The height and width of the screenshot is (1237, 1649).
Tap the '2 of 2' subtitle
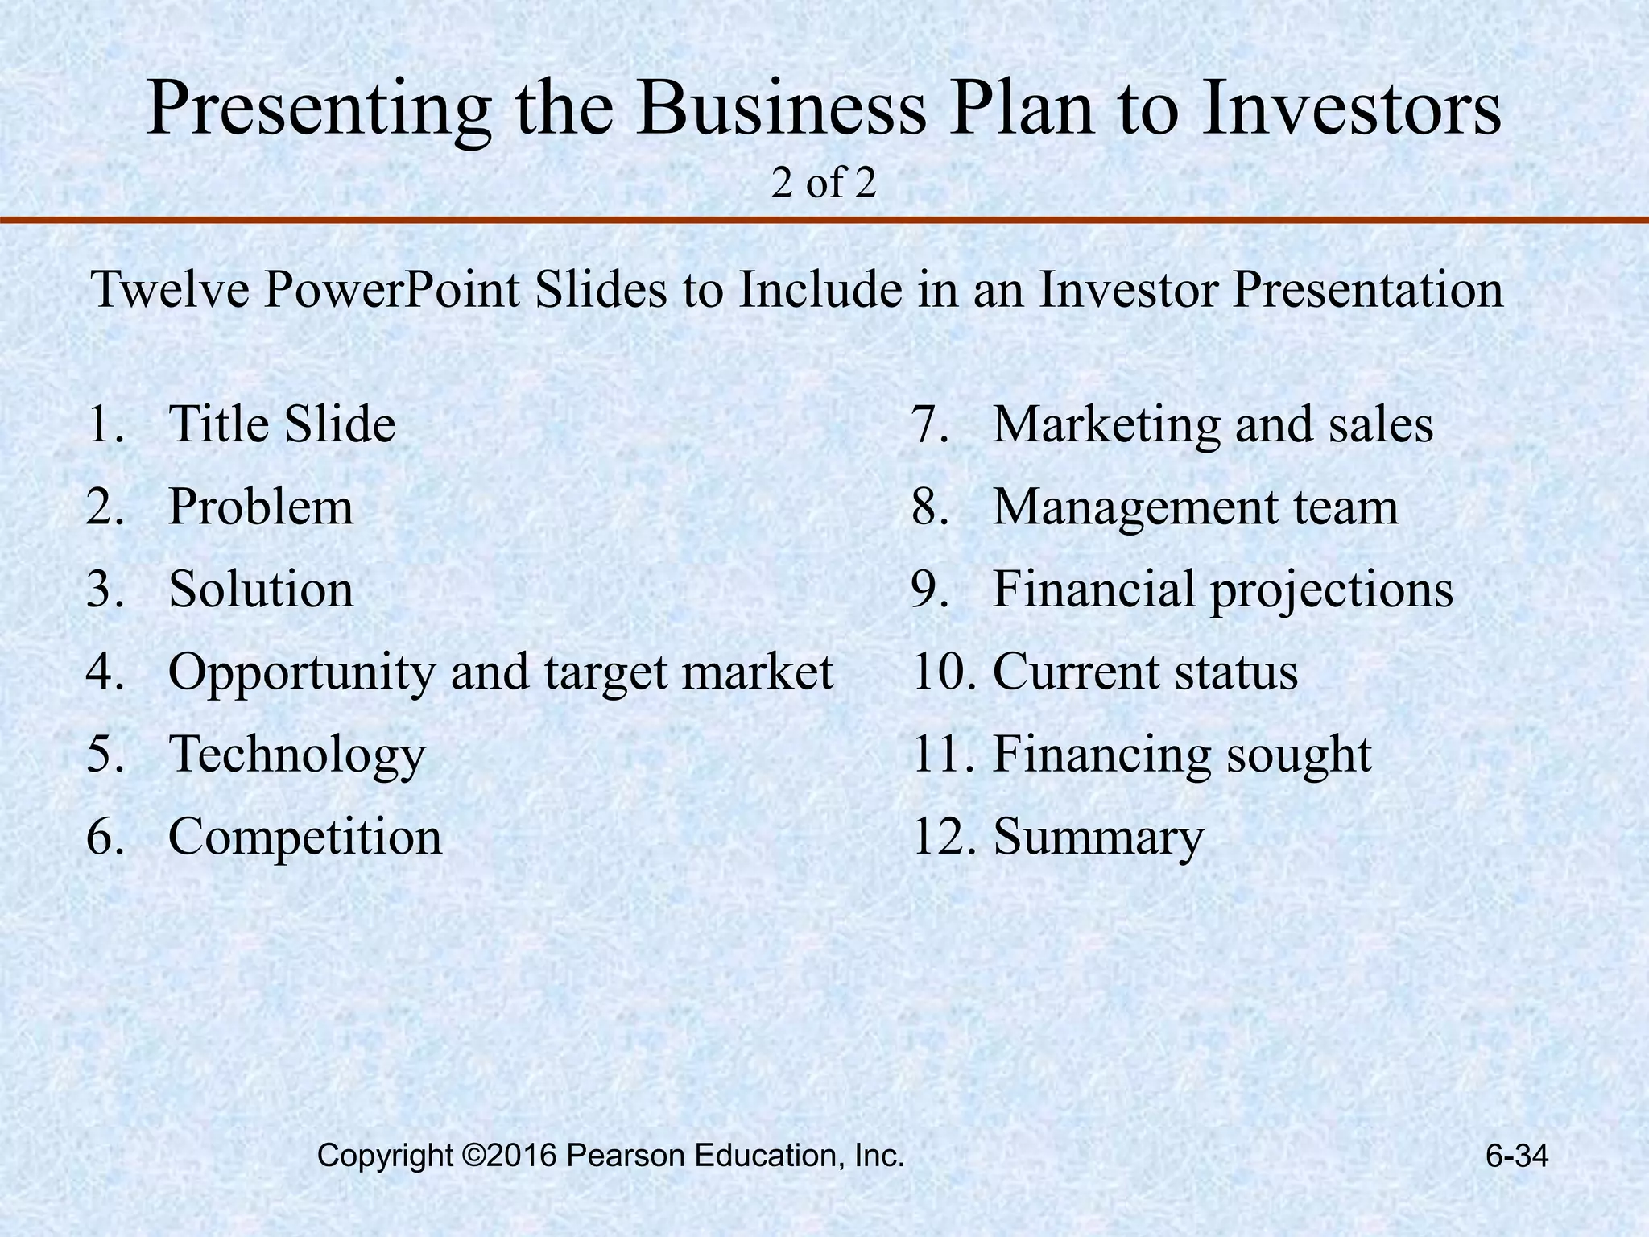pyautogui.click(x=823, y=184)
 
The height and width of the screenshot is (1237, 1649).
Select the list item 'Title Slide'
pyautogui.click(x=282, y=424)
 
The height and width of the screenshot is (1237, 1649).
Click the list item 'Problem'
pyautogui.click(x=261, y=507)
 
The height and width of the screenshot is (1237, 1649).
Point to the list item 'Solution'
pyautogui.click(x=261, y=590)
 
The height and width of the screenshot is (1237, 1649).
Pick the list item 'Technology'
pyautogui.click(x=296, y=755)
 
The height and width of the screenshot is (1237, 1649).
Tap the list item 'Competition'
pyautogui.click(x=305, y=838)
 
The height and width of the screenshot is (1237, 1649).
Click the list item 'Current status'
pyautogui.click(x=1145, y=672)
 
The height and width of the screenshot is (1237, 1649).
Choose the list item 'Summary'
pyautogui.click(x=1098, y=838)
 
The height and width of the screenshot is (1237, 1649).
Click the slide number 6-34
pyautogui.click(x=1517, y=1157)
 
